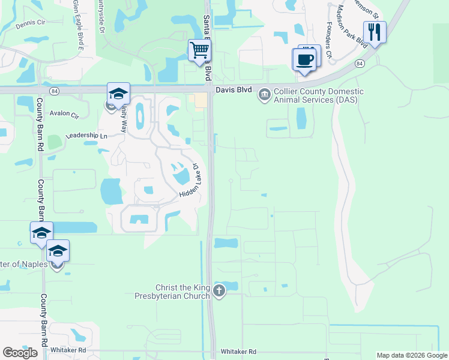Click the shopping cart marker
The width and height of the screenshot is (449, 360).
[199, 50]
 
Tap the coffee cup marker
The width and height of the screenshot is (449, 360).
[304, 59]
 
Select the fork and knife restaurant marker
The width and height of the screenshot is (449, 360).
[375, 32]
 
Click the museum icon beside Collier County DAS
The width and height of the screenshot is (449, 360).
[264, 95]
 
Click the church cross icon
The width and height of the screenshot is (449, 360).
[219, 292]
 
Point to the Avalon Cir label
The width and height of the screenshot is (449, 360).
[64, 114]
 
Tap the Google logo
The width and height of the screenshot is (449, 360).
[20, 353]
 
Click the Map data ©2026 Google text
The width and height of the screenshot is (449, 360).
[412, 355]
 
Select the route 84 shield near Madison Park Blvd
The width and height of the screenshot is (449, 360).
[360, 62]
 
